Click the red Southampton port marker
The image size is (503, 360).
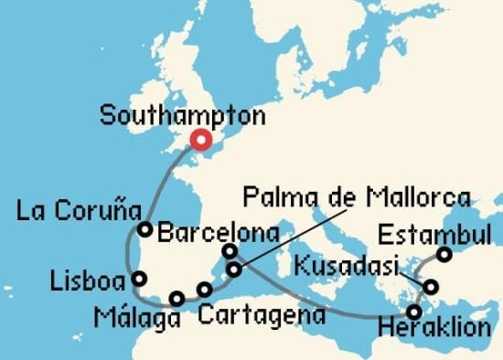(199, 140)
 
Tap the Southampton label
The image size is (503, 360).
(183, 116)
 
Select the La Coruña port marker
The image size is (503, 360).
(144, 228)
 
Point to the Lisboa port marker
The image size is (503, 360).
(138, 279)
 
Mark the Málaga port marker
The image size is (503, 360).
(177, 298)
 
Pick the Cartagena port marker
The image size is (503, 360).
(204, 291)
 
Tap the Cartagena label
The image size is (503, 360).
(262, 316)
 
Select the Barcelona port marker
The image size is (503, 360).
(230, 250)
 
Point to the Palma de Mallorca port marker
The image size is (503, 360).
(235, 270)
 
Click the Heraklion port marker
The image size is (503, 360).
(415, 312)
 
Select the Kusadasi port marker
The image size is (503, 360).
(432, 288)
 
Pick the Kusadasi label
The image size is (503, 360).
(348, 268)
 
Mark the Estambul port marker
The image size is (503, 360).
(444, 255)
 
